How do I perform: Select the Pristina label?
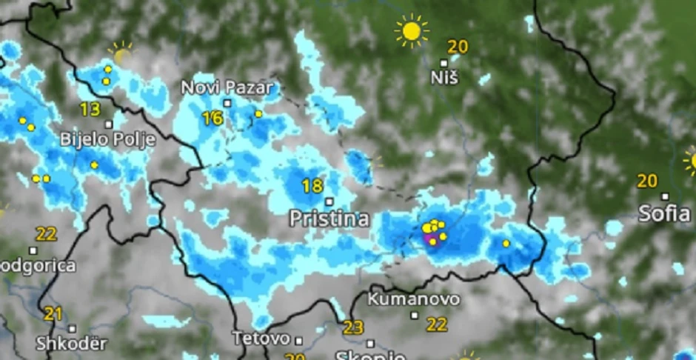[329, 219]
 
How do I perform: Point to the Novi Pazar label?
[221, 87]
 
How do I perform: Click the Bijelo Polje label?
[107, 139]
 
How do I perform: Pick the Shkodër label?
[71, 344]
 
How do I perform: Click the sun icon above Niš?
[412, 31]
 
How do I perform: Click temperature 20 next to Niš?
[458, 47]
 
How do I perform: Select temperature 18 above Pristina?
[312, 186]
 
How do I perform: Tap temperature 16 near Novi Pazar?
[212, 118]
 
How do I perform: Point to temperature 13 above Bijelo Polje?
[90, 110]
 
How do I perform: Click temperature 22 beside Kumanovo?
[437, 324]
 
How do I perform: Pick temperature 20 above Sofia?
[647, 181]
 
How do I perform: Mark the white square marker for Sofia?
[665, 197]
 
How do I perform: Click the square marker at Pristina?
[329, 201]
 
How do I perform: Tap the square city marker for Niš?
[444, 63]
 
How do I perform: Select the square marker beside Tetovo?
[298, 341]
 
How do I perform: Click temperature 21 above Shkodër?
[52, 314]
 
